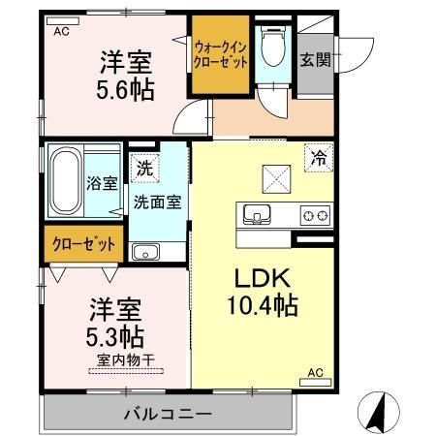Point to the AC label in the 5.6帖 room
pyautogui.click(x=61, y=31)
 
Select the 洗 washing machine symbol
pyautogui.click(x=143, y=166)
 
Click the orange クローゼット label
pyautogui.click(x=82, y=244)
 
